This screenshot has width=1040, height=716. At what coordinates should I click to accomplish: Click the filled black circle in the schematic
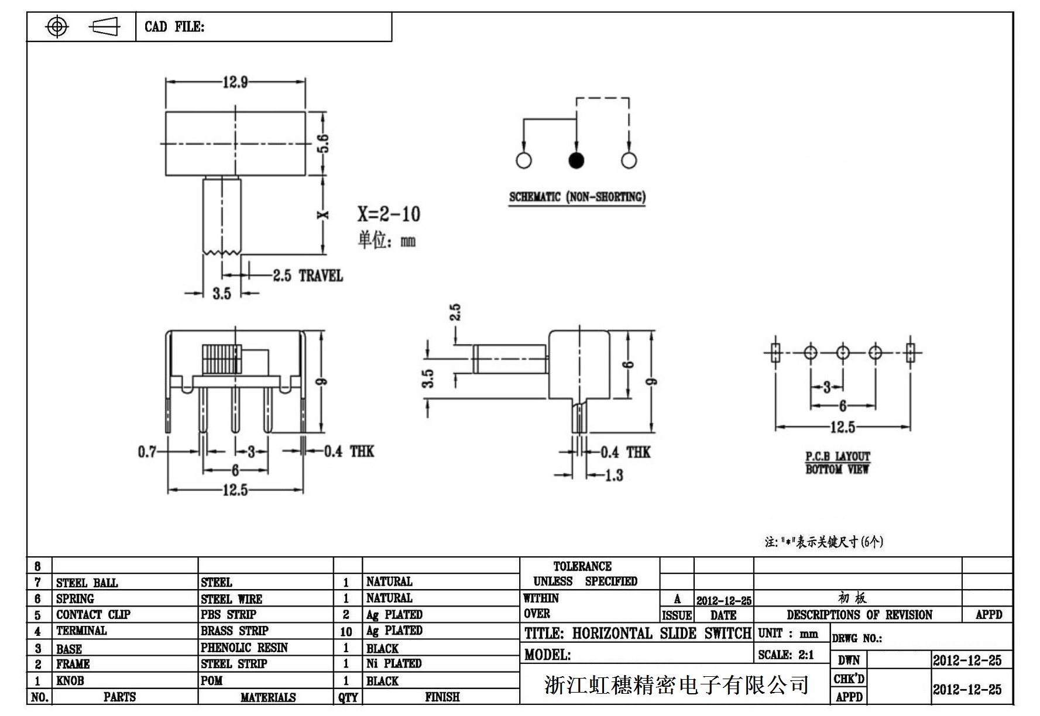coord(576,160)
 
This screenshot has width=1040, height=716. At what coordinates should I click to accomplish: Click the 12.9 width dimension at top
coord(235,82)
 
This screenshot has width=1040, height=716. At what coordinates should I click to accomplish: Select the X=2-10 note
coord(389,214)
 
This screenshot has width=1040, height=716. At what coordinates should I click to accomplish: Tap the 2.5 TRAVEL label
coord(308,276)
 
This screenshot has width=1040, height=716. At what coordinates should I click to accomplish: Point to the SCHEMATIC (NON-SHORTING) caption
coord(577,197)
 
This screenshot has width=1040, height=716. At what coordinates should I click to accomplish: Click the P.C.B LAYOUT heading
coord(838,456)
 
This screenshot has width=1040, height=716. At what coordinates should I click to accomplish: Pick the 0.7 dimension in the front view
coord(147,452)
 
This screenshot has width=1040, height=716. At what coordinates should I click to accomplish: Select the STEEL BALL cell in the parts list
coord(87,583)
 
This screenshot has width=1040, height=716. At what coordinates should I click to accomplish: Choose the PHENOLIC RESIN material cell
coord(244,648)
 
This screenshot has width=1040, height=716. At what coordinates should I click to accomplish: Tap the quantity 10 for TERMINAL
coord(346,632)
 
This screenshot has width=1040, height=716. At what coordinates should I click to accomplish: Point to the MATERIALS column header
coord(268,697)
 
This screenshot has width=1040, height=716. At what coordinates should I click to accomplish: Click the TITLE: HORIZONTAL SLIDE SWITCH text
coord(637,634)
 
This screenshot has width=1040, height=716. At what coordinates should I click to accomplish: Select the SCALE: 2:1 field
coord(786,655)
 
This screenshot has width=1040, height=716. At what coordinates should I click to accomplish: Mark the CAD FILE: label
coord(174,27)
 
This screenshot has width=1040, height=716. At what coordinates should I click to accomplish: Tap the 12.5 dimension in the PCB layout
coord(843,428)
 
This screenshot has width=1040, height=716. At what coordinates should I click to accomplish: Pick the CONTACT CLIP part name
coord(94,615)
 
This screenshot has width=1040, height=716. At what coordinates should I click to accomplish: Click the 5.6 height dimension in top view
coord(323,143)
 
